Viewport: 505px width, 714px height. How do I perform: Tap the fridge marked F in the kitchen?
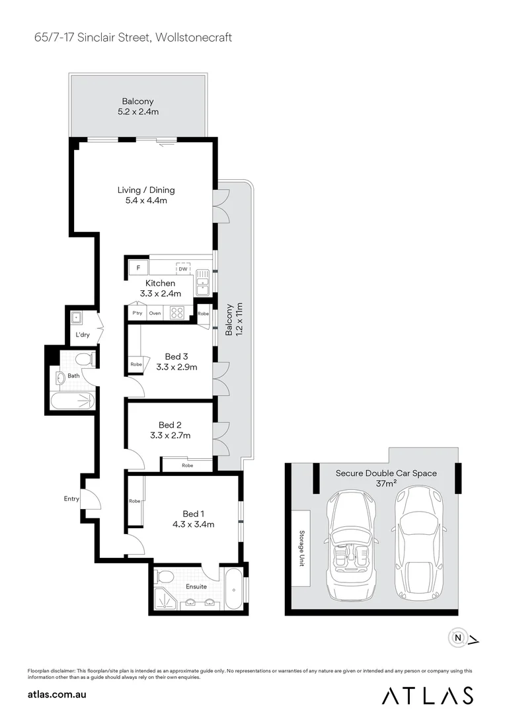[138, 268]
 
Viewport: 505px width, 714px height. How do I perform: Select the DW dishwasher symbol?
[182, 268]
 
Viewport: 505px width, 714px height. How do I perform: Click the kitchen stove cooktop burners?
[177, 313]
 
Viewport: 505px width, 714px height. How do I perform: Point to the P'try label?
[137, 313]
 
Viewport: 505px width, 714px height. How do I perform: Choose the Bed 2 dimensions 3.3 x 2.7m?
[170, 436]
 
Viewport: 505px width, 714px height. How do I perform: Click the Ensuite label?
[196, 586]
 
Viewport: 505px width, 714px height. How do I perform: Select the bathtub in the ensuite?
[234, 590]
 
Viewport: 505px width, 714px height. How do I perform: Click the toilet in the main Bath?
[83, 359]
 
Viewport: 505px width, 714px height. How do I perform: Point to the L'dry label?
[83, 335]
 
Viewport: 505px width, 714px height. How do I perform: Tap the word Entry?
[71, 499]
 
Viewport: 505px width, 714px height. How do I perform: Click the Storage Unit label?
[301, 547]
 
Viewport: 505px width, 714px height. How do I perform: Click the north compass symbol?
[457, 638]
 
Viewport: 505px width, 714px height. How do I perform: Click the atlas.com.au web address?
[58, 695]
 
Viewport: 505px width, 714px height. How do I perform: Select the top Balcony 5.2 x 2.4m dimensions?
[137, 112]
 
